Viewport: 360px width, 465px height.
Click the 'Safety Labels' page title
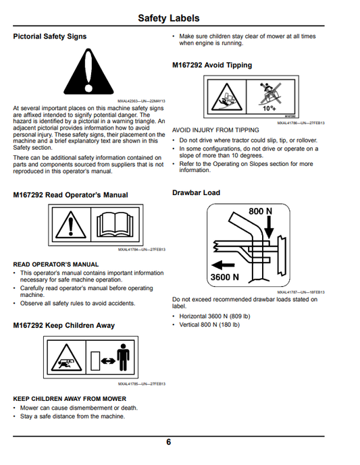(169, 18)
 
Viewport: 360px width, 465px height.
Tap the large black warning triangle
(88, 72)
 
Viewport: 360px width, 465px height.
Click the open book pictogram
(115, 225)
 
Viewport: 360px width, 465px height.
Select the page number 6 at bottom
(169, 442)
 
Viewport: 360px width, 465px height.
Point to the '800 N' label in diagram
(260, 211)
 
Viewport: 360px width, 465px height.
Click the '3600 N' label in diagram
(225, 277)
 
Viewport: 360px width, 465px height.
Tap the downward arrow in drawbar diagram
(269, 227)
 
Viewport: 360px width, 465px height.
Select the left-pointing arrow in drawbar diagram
(223, 265)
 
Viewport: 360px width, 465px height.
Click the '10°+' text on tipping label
(269, 108)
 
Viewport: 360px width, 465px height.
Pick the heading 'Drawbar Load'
(196, 193)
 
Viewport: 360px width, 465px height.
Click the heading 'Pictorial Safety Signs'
(50, 36)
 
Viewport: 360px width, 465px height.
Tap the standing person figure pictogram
(123, 357)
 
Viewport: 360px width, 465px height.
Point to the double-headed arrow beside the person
(108, 361)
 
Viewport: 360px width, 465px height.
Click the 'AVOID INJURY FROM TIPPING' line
(215, 130)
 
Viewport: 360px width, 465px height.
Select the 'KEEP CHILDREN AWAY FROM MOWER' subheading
(70, 399)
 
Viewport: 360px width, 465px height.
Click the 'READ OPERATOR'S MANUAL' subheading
(56, 265)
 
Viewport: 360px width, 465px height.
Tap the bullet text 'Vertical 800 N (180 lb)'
(209, 325)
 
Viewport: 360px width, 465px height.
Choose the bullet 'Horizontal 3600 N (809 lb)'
(215, 317)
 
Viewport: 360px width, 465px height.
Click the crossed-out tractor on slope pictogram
(269, 94)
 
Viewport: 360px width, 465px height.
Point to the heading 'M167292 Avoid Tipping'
(212, 65)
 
